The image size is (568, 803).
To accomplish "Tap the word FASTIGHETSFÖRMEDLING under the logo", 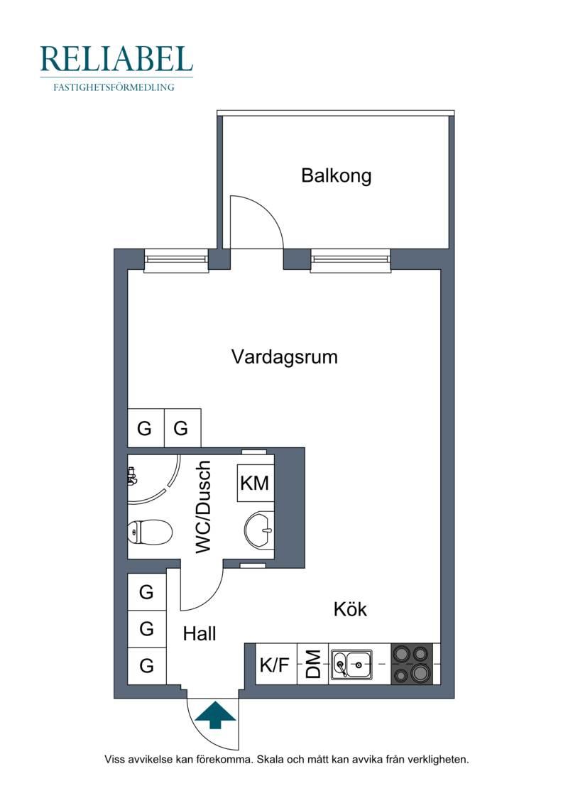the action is click(114, 87).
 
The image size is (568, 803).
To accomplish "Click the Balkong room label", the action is click(336, 175).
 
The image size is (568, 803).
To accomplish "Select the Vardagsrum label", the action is click(284, 357).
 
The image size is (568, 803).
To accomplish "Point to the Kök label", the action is click(350, 609).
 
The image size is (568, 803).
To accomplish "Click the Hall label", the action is click(200, 634).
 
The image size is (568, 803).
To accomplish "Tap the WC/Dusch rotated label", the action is click(203, 507).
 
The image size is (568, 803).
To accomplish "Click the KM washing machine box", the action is click(255, 483).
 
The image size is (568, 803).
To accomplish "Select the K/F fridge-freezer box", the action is click(275, 665).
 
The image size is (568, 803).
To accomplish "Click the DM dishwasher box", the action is click(313, 665).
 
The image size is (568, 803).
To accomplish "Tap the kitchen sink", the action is click(351, 665).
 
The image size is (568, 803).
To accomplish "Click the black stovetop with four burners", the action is click(413, 665).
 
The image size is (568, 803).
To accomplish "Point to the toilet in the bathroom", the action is click(149, 532).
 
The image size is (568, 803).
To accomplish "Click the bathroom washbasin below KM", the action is click(260, 530).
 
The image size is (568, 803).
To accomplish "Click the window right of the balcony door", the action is click(351, 260).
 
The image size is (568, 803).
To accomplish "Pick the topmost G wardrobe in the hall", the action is click(146, 592).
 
